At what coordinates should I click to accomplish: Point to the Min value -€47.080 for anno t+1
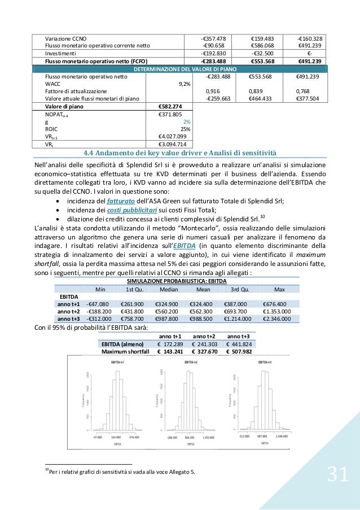pos(99,303)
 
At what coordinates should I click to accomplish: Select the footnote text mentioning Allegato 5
pos(122,472)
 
